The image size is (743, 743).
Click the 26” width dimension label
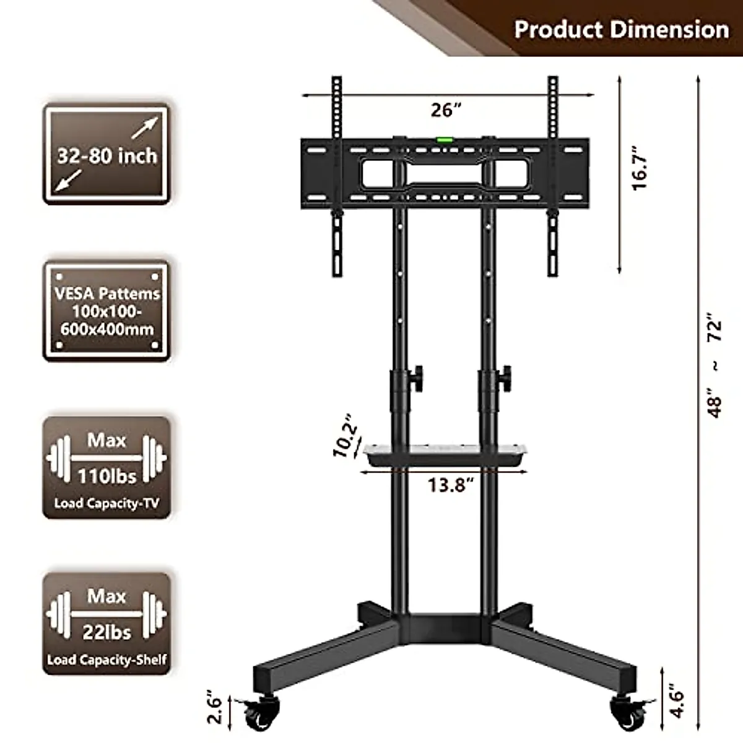(446, 110)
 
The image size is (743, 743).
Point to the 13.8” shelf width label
(450, 484)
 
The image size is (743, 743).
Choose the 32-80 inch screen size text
(106, 156)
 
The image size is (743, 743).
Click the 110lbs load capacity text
(106, 476)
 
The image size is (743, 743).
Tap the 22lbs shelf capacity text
(106, 632)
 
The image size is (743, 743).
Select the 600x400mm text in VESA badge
(106, 329)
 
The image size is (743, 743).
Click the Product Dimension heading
(621, 29)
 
